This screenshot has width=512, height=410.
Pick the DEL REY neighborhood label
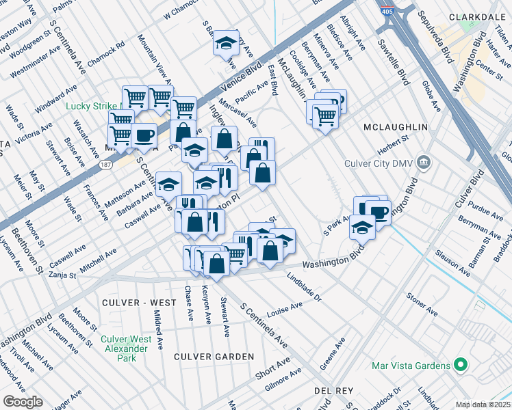(333, 390)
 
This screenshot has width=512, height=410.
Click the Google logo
(23, 402)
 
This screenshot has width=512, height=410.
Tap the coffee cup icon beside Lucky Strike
(144, 135)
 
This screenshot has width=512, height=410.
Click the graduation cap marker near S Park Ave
(362, 227)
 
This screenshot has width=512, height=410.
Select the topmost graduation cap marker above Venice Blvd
(226, 42)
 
